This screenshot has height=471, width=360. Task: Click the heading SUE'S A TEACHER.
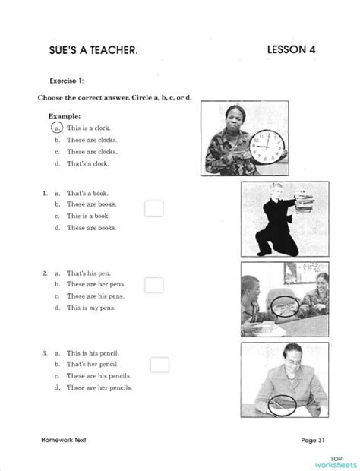(x=93, y=50)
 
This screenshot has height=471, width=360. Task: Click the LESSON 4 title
(x=292, y=49)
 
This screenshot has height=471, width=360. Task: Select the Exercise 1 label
(x=67, y=80)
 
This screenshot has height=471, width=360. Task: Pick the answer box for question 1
(x=154, y=207)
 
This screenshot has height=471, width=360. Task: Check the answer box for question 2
(x=154, y=285)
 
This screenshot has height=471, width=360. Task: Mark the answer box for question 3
(x=159, y=365)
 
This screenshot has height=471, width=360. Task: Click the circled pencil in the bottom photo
(x=281, y=405)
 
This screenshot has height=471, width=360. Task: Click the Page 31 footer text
(x=312, y=440)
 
